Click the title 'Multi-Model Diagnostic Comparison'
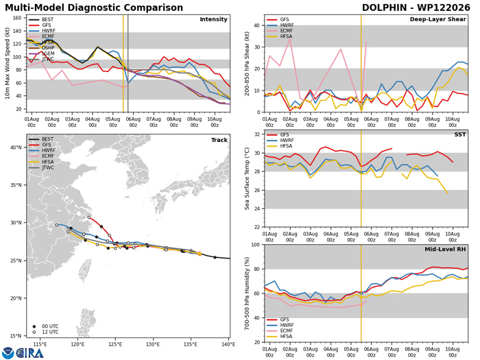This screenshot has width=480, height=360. (94, 8)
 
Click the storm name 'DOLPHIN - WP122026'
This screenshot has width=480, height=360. (416, 8)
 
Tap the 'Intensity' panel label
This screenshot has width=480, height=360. (213, 19)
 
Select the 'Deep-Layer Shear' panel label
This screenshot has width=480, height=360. (437, 19)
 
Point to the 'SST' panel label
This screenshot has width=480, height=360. (460, 134)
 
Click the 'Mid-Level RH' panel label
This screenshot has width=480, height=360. (445, 250)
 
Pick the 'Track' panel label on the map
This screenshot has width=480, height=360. (219, 140)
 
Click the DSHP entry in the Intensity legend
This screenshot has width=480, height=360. (48, 48)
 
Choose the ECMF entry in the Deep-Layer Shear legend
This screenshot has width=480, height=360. (286, 31)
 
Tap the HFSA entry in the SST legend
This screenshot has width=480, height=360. (286, 146)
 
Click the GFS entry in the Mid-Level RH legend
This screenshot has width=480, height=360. (285, 320)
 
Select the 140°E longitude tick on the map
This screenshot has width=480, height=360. (228, 344)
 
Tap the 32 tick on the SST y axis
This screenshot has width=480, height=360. (257, 134)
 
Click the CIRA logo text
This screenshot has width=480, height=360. (30, 353)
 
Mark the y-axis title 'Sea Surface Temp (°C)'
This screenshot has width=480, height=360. (247, 179)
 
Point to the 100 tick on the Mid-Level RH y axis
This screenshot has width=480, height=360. (256, 245)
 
